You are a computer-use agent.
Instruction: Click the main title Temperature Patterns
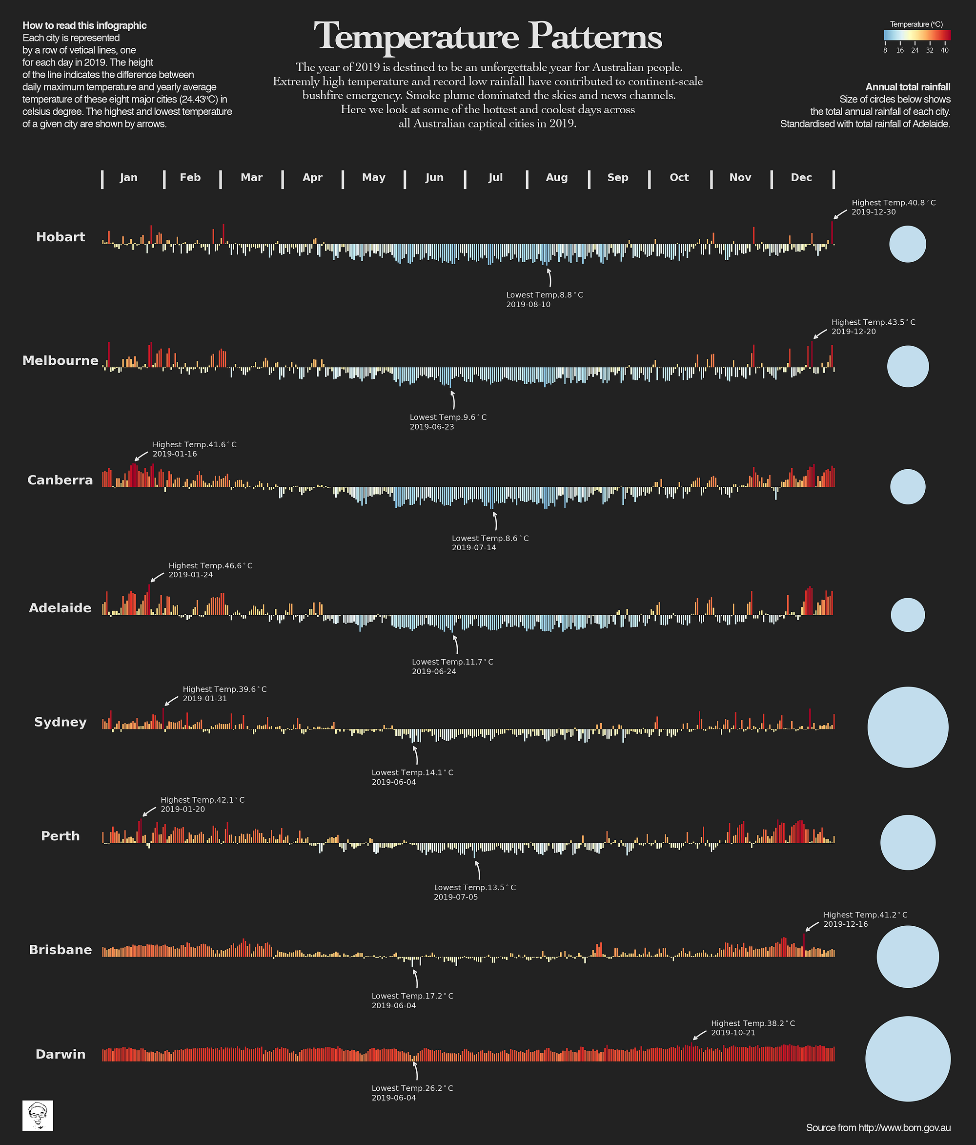(488, 37)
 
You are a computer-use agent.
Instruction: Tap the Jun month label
(435, 177)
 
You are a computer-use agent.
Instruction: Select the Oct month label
(679, 177)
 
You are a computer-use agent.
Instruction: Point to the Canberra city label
(60, 480)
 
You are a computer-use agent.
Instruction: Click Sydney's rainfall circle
(908, 727)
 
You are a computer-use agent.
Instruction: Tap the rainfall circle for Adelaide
(908, 615)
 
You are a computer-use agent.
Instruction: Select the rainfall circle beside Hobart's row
(908, 244)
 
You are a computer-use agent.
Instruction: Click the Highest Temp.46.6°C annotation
(210, 566)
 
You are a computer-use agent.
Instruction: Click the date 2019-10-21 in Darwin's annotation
(733, 1033)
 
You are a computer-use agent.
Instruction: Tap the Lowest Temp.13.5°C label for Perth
(474, 888)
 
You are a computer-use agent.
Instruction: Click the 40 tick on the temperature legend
(944, 50)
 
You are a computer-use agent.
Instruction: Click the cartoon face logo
(38, 1115)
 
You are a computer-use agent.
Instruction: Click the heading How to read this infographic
(84, 25)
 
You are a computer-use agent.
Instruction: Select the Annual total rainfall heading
(908, 87)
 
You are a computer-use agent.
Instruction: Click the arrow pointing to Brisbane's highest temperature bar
(812, 927)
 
